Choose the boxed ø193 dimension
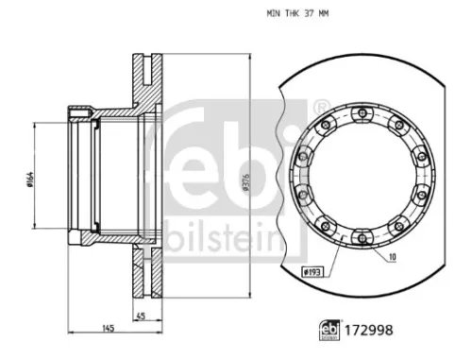pos(312,272)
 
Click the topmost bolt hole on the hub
pos(359,114)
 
